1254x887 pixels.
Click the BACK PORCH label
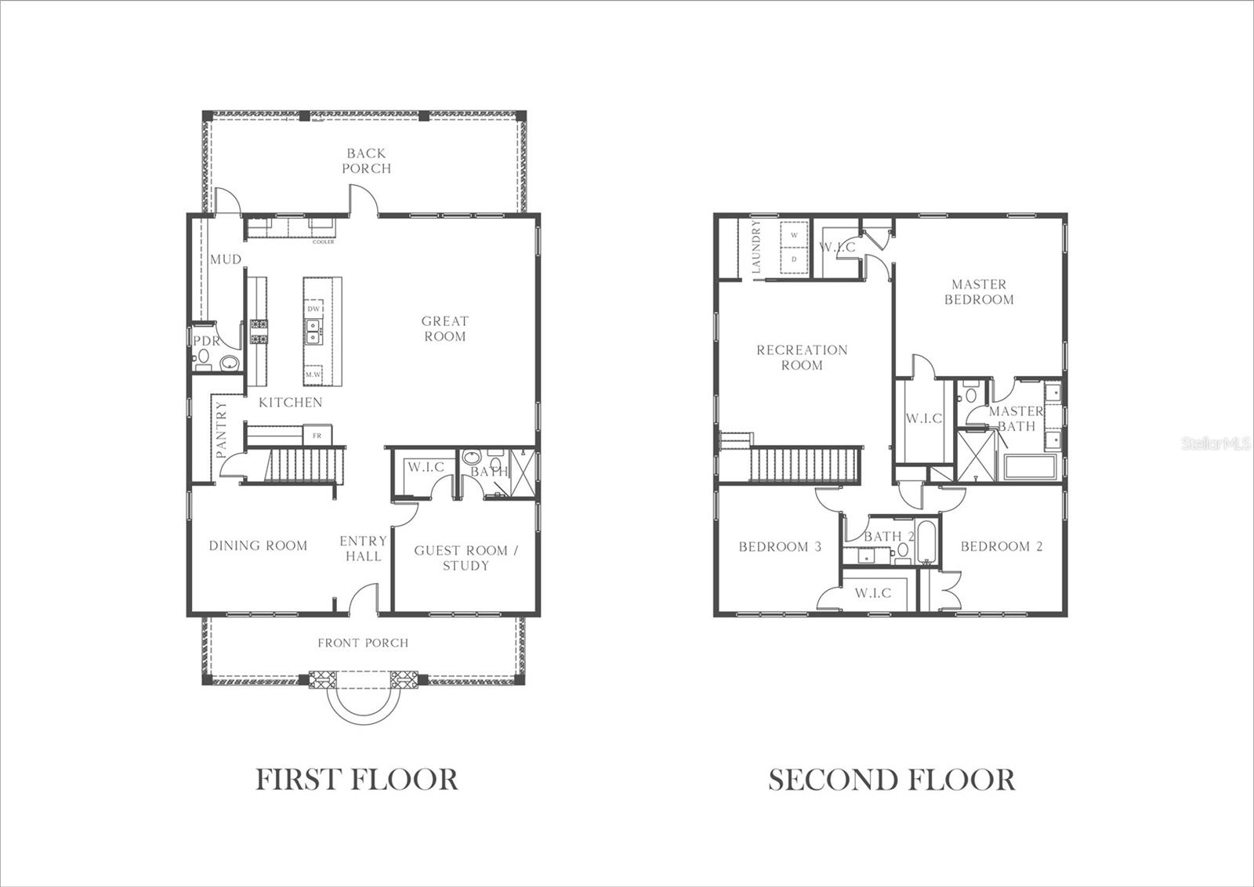(x=366, y=161)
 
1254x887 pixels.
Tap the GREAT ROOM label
(x=444, y=328)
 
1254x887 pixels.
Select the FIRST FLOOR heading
(x=357, y=780)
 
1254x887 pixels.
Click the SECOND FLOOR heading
(x=891, y=780)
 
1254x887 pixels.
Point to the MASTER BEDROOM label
(x=979, y=291)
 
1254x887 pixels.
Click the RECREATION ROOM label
(x=802, y=357)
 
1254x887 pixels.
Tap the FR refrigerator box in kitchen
(x=317, y=435)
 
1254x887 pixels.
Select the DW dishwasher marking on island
(x=313, y=309)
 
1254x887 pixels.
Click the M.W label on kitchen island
(x=313, y=375)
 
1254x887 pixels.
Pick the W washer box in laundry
(x=794, y=235)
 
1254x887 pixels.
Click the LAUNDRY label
(x=756, y=247)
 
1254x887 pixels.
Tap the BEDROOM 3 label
(x=780, y=546)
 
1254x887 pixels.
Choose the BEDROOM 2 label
(x=1002, y=546)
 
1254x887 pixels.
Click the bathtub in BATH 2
(x=926, y=542)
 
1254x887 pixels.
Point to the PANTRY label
(x=221, y=429)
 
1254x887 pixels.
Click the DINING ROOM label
(x=258, y=545)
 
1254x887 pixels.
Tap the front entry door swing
(x=362, y=599)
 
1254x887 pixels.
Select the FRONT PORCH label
(x=363, y=643)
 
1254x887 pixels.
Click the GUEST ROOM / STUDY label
(x=466, y=558)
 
